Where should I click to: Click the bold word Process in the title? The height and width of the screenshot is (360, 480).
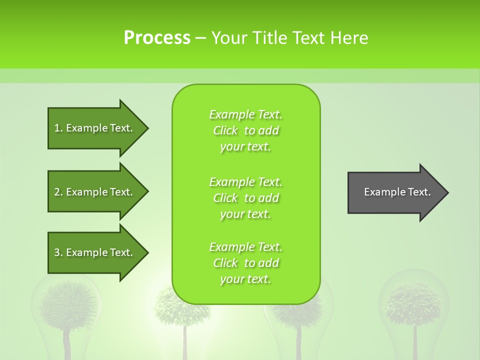point(157,38)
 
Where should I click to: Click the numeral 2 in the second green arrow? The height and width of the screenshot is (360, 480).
point(57,192)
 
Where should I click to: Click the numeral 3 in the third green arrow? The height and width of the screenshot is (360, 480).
point(57,252)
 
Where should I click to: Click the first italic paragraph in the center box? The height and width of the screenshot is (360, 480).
point(245,130)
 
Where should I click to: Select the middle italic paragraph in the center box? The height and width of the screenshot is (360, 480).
point(245,197)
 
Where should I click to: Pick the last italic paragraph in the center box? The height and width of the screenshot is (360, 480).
point(245,263)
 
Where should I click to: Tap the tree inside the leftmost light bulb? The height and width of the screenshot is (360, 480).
point(68,305)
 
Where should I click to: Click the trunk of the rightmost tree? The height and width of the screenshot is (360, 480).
point(415,342)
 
